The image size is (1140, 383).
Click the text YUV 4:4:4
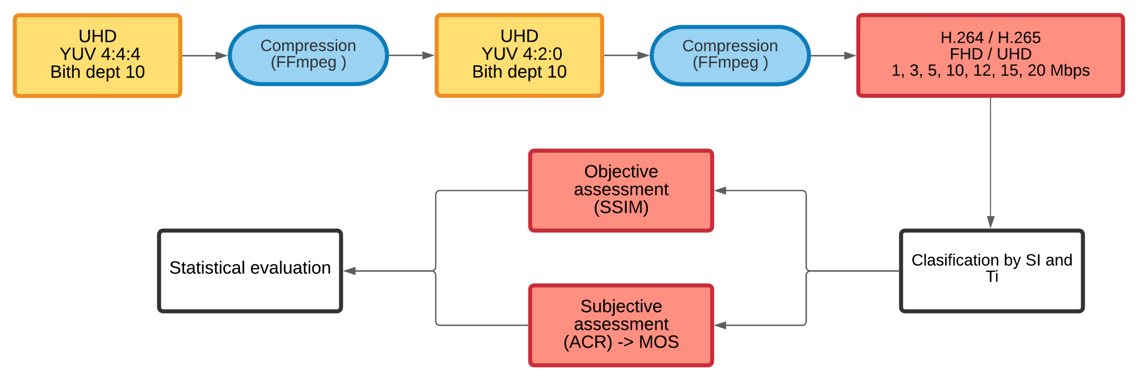(100, 54)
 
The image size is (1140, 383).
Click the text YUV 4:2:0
(522, 54)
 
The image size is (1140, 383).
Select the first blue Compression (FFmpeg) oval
(308, 55)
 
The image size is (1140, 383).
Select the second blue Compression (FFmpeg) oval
(730, 55)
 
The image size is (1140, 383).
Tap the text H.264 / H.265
(991, 38)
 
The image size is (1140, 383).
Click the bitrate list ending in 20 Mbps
(991, 70)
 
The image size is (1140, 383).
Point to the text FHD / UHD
(991, 54)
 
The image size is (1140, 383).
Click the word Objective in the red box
(621, 171)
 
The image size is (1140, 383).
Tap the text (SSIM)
(621, 207)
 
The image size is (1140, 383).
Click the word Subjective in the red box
(621, 306)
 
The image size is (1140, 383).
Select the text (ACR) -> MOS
(621, 342)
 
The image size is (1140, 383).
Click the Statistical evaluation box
(250, 271)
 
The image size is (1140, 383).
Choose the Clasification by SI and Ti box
(991, 271)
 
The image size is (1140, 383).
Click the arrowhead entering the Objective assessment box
(721, 191)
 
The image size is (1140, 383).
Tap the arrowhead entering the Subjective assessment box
(721, 326)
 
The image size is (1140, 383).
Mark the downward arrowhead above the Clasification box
(991, 222)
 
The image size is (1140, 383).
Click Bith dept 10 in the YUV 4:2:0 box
(519, 72)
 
